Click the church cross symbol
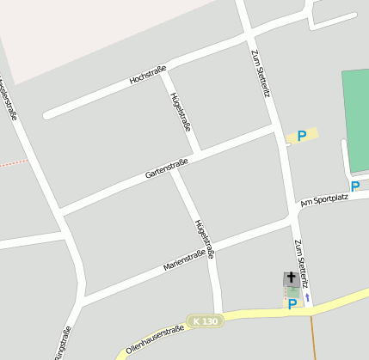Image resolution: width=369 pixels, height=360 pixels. tap(292, 278)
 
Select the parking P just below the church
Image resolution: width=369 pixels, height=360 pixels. tap(292, 302)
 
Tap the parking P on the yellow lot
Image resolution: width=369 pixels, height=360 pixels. tap(301, 136)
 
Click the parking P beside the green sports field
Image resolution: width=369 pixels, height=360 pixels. tap(354, 186)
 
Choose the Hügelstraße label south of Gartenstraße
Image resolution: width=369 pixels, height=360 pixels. tap(205, 239)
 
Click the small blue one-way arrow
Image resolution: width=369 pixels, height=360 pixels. tap(308, 298)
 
